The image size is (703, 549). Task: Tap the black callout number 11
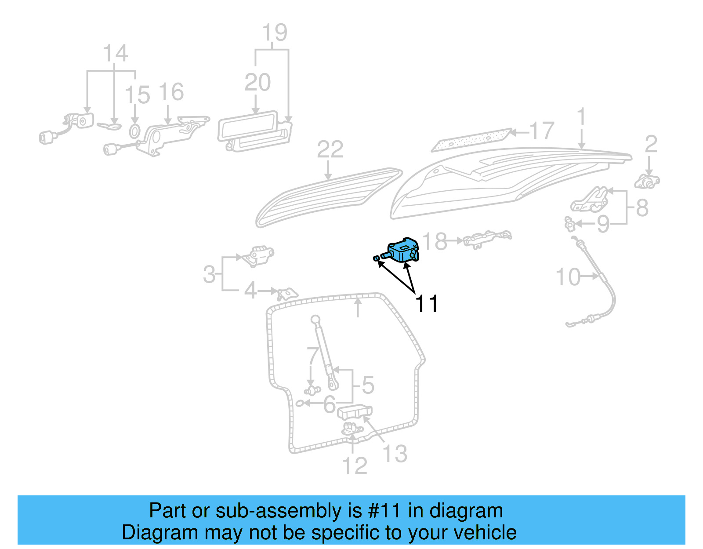[x=427, y=304]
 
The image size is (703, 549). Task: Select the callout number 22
[x=330, y=150]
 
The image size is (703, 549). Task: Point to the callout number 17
[x=541, y=131]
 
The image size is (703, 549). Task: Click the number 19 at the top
[x=275, y=33]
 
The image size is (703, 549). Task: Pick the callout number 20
[x=257, y=83]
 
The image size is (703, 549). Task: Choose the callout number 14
[x=115, y=54]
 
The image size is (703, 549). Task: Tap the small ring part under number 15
[x=135, y=131]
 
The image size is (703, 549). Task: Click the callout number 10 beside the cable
[x=568, y=277]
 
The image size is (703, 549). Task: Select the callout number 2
[x=651, y=144]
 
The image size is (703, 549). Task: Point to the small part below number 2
[x=647, y=182]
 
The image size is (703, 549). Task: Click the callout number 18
[x=435, y=241]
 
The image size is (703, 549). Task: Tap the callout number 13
[x=395, y=454]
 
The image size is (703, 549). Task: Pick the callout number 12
[x=355, y=466]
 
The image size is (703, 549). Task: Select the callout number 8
[x=642, y=208]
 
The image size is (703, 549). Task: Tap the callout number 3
[x=210, y=275]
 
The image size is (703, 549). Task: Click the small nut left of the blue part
[x=377, y=258]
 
